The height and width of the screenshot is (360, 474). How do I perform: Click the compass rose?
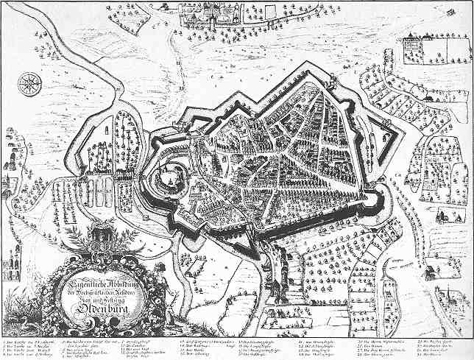29,83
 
